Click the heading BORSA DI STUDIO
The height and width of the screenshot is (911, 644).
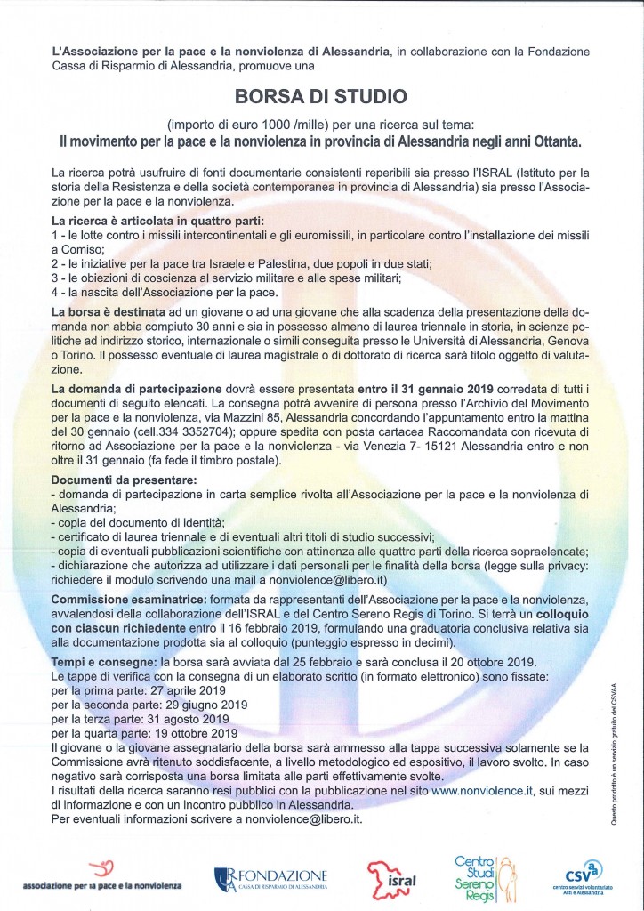point(321,96)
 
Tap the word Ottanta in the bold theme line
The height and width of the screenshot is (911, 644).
point(555,141)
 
